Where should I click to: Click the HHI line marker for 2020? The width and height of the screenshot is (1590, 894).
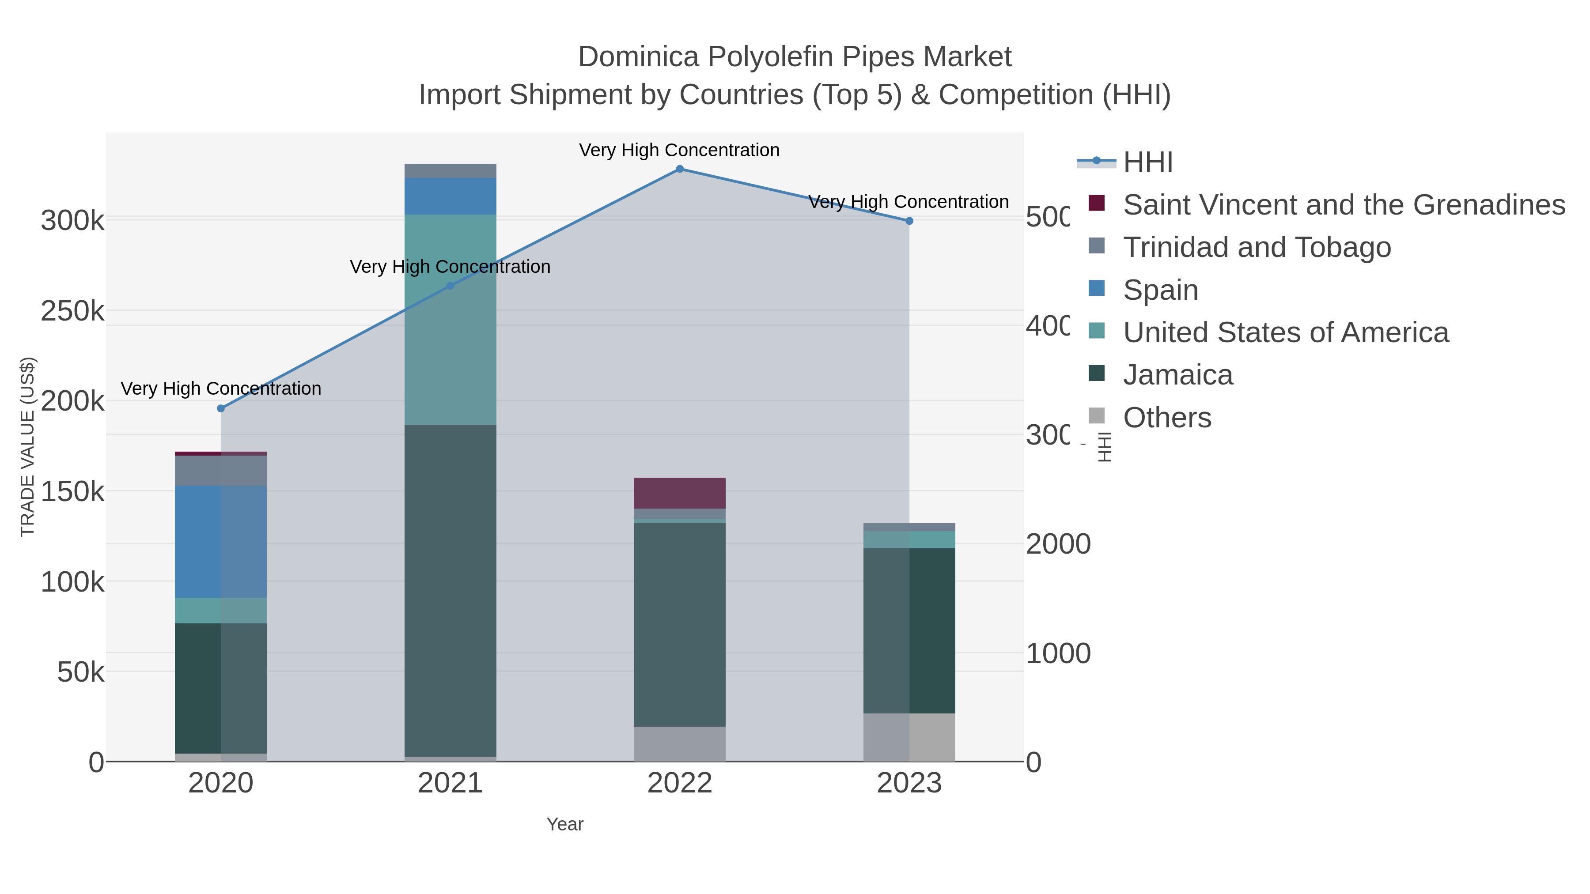[x=221, y=408]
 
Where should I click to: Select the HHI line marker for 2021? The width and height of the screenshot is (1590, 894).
[x=450, y=286]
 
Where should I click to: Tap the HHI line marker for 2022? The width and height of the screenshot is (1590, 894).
[x=680, y=169]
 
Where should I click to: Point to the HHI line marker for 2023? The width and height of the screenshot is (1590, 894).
[x=909, y=221]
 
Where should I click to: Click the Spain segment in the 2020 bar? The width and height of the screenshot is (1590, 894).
[x=220, y=542]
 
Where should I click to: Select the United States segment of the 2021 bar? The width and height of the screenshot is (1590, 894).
[x=450, y=320]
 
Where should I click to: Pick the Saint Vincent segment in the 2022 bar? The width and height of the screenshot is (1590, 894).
[x=680, y=493]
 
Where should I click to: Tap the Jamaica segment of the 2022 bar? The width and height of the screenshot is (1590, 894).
[x=680, y=624]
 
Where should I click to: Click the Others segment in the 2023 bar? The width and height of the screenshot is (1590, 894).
[x=909, y=737]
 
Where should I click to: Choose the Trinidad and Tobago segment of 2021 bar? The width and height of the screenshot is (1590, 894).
[x=450, y=171]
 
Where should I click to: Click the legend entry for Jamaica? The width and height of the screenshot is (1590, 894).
[x=1177, y=375]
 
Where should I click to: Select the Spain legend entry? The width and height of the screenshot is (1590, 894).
[x=1160, y=290]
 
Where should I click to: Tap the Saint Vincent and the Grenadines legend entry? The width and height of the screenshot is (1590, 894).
[x=1343, y=205]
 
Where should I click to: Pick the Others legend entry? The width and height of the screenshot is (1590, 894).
[x=1166, y=418]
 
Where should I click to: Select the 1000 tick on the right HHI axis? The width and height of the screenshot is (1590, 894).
[x=1058, y=654]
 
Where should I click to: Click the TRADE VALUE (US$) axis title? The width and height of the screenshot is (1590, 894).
[x=28, y=447]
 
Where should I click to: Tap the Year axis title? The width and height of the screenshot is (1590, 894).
[x=565, y=824]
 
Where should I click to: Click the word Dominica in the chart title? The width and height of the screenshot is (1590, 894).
[x=638, y=57]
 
